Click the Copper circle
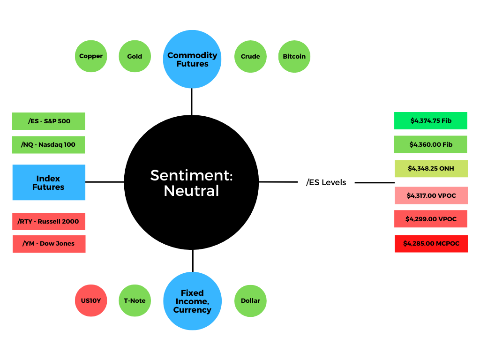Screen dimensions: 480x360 point(91,56)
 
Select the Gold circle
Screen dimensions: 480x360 point(135,56)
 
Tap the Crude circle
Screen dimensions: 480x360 point(250,56)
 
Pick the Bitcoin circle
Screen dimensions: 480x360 point(294,56)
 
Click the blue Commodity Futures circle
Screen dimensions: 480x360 point(192,59)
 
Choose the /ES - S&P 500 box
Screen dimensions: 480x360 point(49,121)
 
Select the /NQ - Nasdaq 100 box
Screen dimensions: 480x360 point(48,144)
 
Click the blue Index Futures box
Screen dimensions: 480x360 point(49,182)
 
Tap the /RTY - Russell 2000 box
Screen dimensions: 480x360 point(49,221)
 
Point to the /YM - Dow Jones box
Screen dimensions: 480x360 point(49,244)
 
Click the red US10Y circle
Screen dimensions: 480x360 point(91,300)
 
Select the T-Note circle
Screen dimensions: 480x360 point(135,300)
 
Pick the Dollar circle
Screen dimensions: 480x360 point(250,301)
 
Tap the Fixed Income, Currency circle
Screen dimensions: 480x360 point(193,301)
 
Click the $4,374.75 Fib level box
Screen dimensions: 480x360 point(431,120)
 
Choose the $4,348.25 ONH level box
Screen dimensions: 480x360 point(431,168)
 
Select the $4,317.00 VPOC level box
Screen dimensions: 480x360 point(431,195)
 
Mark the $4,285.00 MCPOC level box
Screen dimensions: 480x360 point(431,244)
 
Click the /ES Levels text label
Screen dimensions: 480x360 point(326,182)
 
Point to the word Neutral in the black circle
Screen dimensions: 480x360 point(191,191)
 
